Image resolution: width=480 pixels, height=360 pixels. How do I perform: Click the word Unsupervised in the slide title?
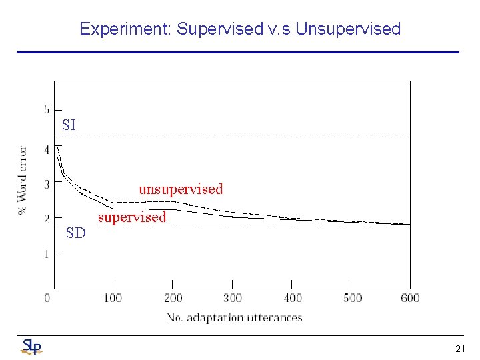pos(348,29)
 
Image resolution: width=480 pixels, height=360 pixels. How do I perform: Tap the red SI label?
pos(69,125)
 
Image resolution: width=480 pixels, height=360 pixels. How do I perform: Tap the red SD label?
pos(76,233)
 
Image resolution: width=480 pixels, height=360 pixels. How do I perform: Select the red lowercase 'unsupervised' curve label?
pos(181,189)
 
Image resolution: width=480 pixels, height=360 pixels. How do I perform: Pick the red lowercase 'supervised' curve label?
pos(132,217)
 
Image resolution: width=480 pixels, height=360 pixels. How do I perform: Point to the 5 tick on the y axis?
pos(47,109)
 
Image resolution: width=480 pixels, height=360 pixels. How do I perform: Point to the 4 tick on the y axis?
pos(47,150)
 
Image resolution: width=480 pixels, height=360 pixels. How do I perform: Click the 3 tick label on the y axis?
pos(47,184)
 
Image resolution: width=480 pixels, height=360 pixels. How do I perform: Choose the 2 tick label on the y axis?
pos(47,219)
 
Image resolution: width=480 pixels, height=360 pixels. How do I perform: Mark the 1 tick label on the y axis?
pos(47,254)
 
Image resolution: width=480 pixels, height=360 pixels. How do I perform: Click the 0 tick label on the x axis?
pos(47,298)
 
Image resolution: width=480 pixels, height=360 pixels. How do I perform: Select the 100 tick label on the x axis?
pos(113,298)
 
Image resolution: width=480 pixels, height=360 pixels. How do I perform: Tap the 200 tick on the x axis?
pos(173,298)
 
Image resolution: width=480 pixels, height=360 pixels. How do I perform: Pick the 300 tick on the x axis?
pos(233,298)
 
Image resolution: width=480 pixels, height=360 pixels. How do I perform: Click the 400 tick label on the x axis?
pos(293,298)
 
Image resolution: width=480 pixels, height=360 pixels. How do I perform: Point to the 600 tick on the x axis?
pos(410,298)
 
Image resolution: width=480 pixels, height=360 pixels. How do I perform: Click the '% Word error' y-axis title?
pos(23,180)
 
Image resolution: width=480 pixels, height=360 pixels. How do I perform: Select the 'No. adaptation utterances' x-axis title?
pos(234,317)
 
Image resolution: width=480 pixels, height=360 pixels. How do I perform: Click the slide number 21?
pos(460,348)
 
